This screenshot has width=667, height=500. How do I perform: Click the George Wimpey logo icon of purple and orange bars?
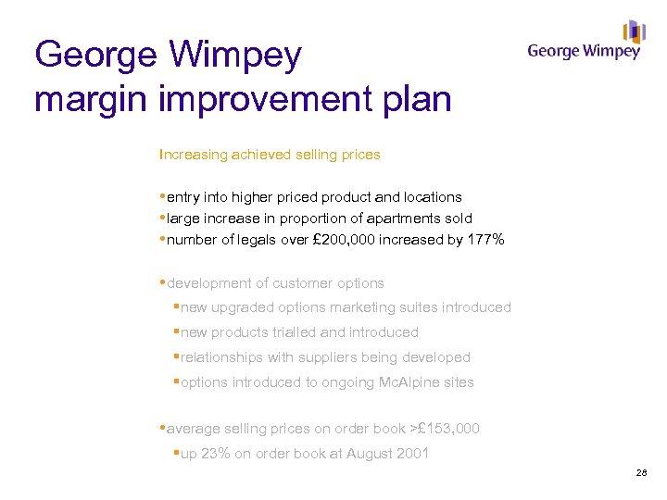pyautogui.click(x=634, y=31)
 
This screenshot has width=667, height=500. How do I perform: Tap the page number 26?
pyautogui.click(x=642, y=473)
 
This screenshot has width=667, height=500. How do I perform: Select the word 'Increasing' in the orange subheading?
pyautogui.click(x=193, y=155)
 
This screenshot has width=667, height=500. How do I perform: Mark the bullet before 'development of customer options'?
pyautogui.click(x=163, y=282)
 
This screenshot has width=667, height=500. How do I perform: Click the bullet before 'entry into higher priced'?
pyautogui.click(x=163, y=196)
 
